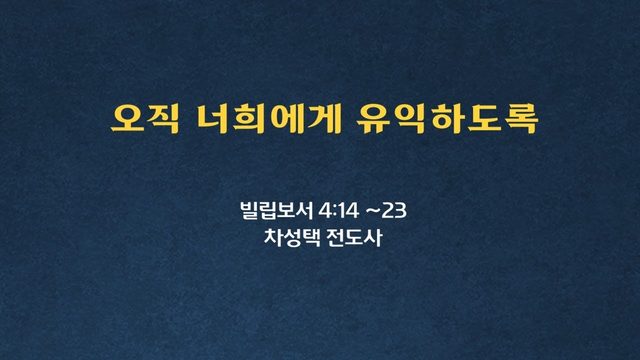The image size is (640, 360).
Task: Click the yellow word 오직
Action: (x=145, y=119)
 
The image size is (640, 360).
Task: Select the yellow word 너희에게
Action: (x=269, y=119)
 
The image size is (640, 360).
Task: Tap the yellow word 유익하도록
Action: (x=447, y=119)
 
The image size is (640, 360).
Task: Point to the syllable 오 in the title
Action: (x=127, y=119)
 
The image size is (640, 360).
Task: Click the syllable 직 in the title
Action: (x=163, y=119)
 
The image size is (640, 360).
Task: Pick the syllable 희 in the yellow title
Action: (x=251, y=119)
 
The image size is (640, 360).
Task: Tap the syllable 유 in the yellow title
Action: (x=373, y=119)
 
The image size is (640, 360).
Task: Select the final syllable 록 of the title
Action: (x=521, y=119)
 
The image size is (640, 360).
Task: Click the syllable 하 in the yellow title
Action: (x=447, y=119)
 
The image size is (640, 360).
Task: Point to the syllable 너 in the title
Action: (x=213, y=119)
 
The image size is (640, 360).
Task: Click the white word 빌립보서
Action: (x=277, y=211)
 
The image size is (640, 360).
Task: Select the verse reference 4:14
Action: (x=339, y=211)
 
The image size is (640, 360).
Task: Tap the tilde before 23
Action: (x=374, y=211)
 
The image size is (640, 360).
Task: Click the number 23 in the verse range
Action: (x=394, y=211)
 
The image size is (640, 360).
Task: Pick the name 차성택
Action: (x=291, y=237)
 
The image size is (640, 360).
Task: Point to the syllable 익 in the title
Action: (x=410, y=119)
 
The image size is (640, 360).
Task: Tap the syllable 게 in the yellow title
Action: (x=325, y=119)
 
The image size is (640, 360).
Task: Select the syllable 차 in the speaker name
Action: (x=273, y=237)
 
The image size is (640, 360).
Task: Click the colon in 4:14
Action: (x=335, y=212)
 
